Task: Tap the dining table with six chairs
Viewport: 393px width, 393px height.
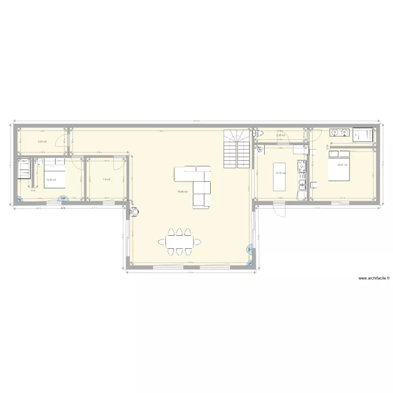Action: (x=180, y=242)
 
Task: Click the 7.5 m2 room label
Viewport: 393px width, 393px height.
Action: (x=106, y=179)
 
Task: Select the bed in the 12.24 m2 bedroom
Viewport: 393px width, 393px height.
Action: (x=54, y=175)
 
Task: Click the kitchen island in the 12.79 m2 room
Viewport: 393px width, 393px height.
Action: (x=279, y=177)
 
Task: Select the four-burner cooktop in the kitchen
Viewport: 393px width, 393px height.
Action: (x=301, y=167)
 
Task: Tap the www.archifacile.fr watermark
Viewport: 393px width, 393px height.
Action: (x=374, y=279)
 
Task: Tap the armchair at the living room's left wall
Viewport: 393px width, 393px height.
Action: (x=135, y=211)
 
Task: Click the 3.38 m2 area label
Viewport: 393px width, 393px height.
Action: (x=280, y=135)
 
